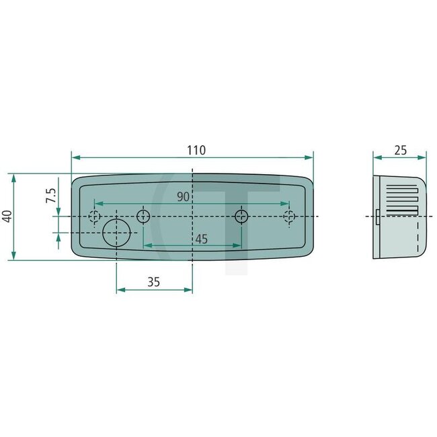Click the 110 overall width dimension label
[196, 149]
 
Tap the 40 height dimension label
[7, 216]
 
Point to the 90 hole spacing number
[183, 196]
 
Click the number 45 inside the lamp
[202, 239]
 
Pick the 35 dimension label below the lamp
[153, 282]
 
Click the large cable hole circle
[116, 232]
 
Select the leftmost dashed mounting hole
[95, 216]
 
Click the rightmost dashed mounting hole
[289, 216]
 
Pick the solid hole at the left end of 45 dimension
[143, 216]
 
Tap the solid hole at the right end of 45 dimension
[241, 216]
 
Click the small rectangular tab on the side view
[378, 216]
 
